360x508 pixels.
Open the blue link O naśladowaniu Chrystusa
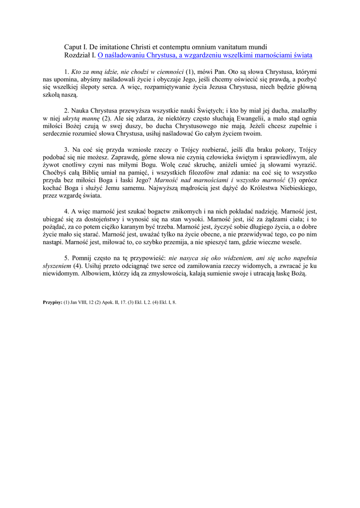click(205, 55)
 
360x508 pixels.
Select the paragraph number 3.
click(67, 149)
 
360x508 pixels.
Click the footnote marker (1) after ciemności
click(190, 71)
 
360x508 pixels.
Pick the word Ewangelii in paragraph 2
click(251, 119)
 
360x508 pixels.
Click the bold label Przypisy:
click(53, 302)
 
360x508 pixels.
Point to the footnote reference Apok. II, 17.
click(114, 302)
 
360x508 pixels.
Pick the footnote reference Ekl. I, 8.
click(167, 302)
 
